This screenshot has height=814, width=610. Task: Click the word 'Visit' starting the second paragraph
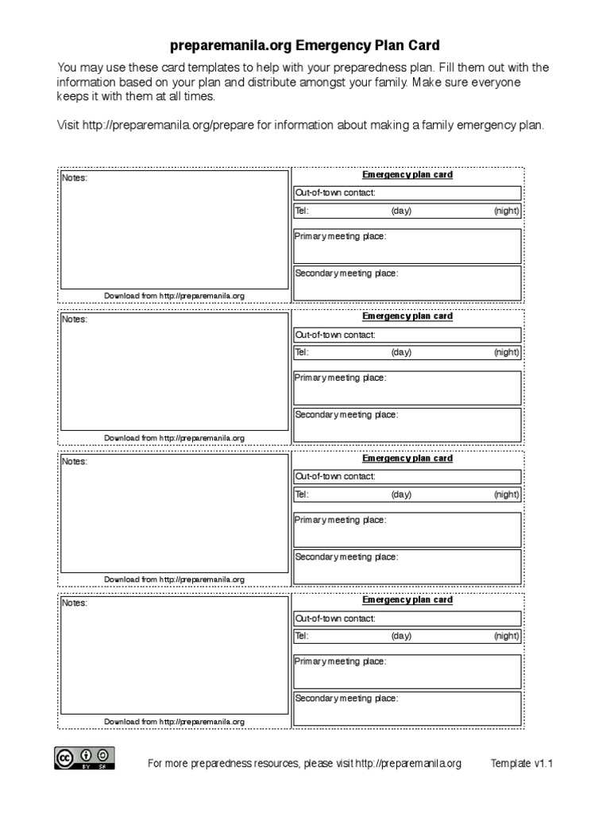(x=69, y=126)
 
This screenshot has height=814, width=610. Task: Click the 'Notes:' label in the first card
(x=75, y=178)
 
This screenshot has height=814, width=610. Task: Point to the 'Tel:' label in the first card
(x=302, y=211)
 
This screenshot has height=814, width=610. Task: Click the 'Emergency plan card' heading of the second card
(x=407, y=316)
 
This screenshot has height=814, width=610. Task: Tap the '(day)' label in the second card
(x=401, y=353)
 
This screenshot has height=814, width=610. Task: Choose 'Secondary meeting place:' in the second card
(x=346, y=415)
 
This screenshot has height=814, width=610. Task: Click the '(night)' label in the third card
(x=506, y=494)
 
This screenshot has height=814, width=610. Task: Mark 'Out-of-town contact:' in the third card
(x=335, y=477)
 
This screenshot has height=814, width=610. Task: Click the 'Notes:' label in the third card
(x=75, y=462)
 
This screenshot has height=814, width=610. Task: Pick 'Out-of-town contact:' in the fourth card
(x=335, y=618)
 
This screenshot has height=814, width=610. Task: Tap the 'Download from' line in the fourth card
(x=174, y=722)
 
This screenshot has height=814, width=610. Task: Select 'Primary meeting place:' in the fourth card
(x=341, y=661)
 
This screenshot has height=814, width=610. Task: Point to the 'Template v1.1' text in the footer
(x=521, y=764)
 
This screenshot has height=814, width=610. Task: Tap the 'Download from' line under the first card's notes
(x=174, y=296)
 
